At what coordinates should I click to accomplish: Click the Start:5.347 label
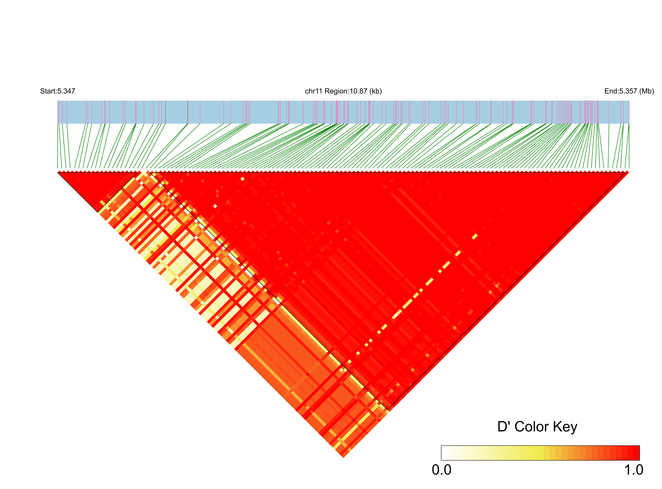tap(58, 91)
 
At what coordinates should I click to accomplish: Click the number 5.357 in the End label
tap(628, 91)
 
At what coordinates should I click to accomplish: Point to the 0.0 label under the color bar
tap(442, 470)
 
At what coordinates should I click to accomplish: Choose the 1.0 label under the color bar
tap(633, 470)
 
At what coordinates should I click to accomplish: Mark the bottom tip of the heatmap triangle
tap(343, 458)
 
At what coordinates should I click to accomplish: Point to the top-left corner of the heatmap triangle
tap(58, 172)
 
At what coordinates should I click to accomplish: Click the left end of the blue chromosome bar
tap(58, 112)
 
